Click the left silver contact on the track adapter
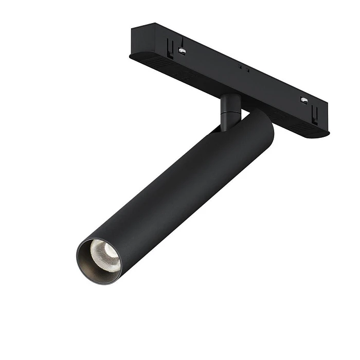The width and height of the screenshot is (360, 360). pos(182,50)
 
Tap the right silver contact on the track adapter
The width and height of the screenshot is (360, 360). pos(304,100)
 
